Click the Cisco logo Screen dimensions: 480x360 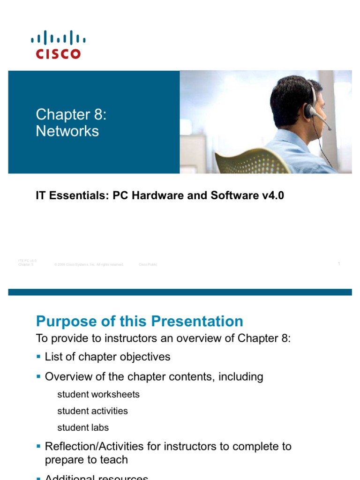[58, 45]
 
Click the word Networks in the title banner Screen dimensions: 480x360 [67, 131]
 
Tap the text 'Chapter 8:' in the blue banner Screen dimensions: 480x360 [71, 114]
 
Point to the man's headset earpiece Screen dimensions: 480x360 [309, 111]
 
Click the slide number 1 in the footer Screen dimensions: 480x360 [338, 264]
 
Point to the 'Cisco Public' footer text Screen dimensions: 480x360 [148, 265]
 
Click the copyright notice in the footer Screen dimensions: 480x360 [89, 265]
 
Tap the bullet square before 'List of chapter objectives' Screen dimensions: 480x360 [38, 357]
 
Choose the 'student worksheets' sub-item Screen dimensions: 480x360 [98, 395]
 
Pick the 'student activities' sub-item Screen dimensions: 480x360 [92, 411]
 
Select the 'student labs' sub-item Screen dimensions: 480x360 [83, 427]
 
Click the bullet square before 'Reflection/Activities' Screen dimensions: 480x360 [38, 446]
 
